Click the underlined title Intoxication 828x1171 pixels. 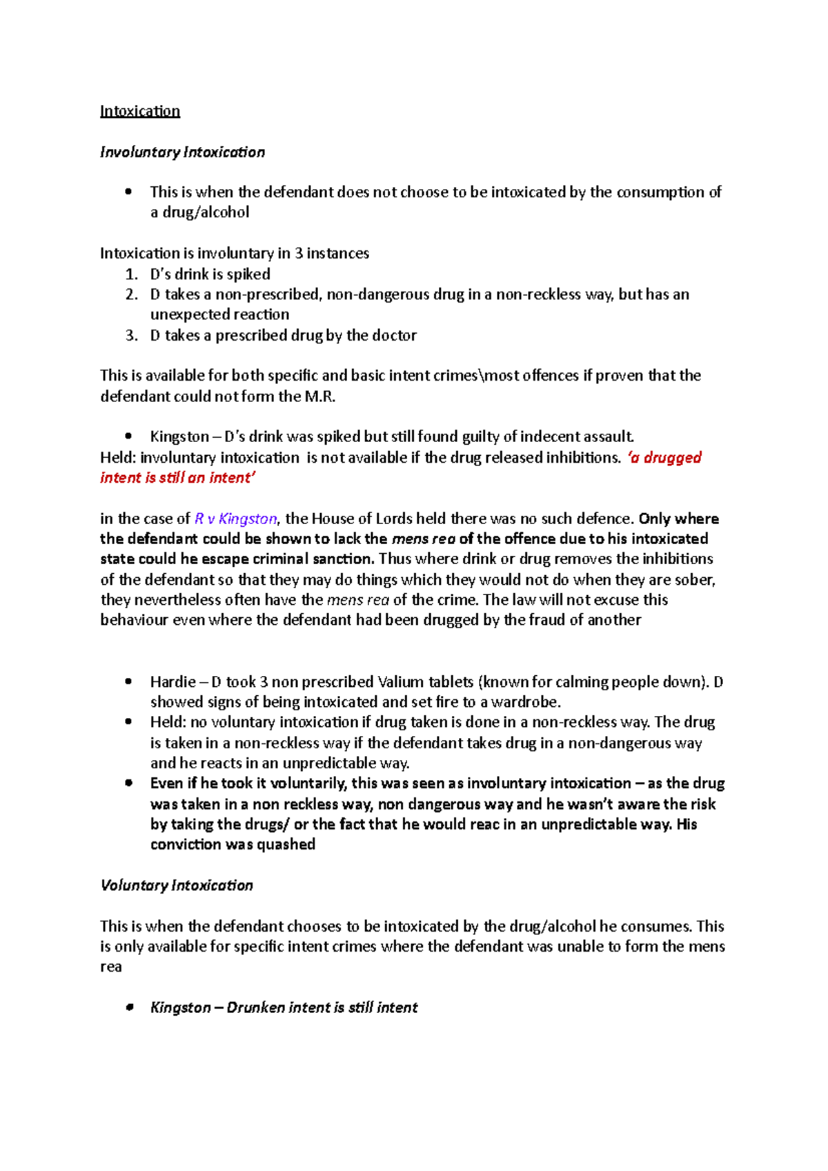point(140,111)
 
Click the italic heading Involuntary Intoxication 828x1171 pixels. point(182,152)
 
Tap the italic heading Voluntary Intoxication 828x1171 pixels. point(177,885)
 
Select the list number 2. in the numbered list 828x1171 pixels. point(132,294)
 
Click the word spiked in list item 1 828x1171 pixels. point(248,274)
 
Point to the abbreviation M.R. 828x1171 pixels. point(320,396)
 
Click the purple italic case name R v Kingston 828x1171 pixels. point(236,519)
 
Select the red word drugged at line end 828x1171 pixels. point(672,457)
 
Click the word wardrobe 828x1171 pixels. point(525,702)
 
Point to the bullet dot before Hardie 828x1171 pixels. point(128,682)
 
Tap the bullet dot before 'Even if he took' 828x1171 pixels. point(128,783)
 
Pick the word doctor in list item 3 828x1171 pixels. point(394,335)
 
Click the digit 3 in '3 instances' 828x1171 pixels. point(299,253)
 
